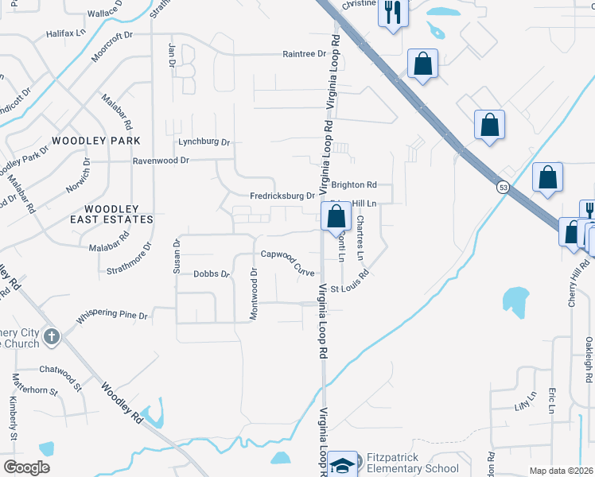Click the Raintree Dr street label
click(x=305, y=54)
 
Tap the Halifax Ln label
click(x=65, y=33)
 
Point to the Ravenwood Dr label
click(x=161, y=160)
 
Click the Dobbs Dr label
click(x=211, y=273)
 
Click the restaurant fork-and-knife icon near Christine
click(x=392, y=12)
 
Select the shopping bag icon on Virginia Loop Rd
click(x=336, y=216)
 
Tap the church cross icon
click(x=51, y=336)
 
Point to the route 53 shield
click(x=503, y=187)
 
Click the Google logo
click(x=26, y=467)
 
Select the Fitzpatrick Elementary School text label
click(x=412, y=463)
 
